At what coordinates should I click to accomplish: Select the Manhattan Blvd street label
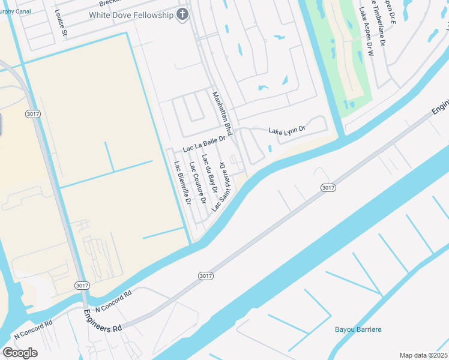[221, 113]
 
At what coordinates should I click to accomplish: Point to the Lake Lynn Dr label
[287, 130]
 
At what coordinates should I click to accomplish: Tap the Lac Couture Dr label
[197, 182]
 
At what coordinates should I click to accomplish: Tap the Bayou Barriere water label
[358, 329]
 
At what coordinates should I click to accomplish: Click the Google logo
[20, 353]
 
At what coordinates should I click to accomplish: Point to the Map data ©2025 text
[423, 355]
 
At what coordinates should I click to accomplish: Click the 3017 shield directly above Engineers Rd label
[82, 285]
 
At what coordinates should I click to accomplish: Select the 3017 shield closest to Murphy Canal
[33, 113]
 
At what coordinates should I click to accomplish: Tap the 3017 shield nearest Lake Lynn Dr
[327, 188]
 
